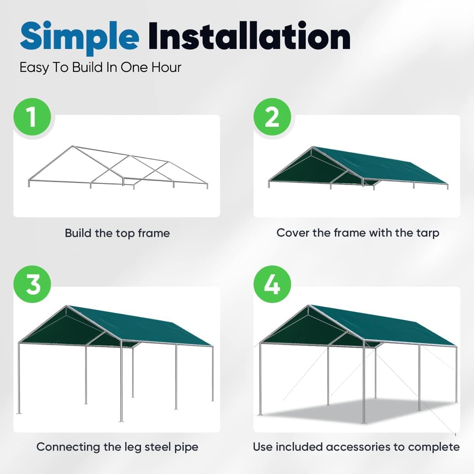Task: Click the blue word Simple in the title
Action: pyautogui.click(x=79, y=36)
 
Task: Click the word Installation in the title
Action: pyautogui.click(x=249, y=36)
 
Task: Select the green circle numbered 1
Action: pyautogui.click(x=32, y=117)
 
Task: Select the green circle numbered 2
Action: pyautogui.click(x=272, y=117)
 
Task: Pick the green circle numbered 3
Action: pyautogui.click(x=32, y=284)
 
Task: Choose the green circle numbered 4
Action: pyautogui.click(x=272, y=284)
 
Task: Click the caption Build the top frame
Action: pyautogui.click(x=117, y=233)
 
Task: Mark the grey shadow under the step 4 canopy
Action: pyautogui.click(x=355, y=411)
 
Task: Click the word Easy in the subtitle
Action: pyautogui.click(x=34, y=68)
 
